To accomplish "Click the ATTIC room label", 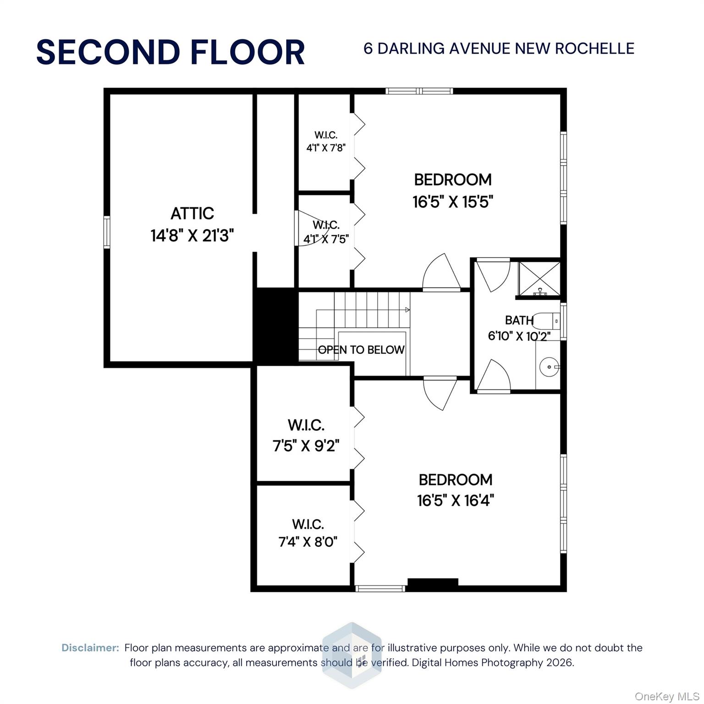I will [x=192, y=214].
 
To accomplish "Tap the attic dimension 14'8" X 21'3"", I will [x=192, y=236].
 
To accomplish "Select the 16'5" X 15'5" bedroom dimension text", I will [x=452, y=202].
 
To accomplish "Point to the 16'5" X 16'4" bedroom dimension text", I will [x=455, y=500].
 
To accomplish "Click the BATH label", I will [x=519, y=320].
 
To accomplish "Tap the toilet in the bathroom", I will [x=548, y=321].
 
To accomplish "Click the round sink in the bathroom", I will [x=548, y=367].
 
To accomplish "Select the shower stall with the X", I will [x=539, y=278].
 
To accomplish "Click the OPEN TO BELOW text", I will [x=361, y=350].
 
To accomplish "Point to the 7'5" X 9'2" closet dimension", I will [x=306, y=445].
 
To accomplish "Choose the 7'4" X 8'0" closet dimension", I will [x=308, y=542].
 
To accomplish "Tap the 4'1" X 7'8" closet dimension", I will [x=325, y=148].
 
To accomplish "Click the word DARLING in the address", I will [x=411, y=49].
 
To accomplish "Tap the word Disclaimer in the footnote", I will [x=90, y=648].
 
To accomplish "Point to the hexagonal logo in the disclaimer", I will [x=352, y=655].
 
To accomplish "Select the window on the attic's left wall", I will [x=106, y=232].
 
